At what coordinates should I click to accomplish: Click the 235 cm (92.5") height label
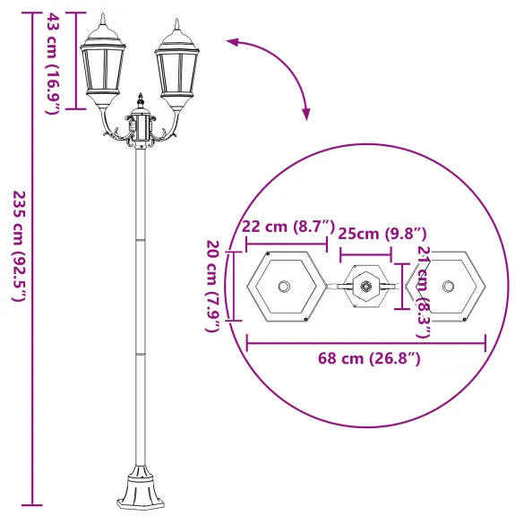tap(19, 245)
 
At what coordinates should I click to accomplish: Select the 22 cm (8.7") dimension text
tap(288, 228)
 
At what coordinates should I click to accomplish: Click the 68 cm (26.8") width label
tap(368, 358)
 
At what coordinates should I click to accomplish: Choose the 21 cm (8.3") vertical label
tap(424, 292)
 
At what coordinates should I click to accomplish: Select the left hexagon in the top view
tap(285, 287)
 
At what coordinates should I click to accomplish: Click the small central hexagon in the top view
tap(365, 288)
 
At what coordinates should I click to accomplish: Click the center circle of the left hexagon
tap(285, 287)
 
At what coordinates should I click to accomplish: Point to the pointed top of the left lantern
tap(102, 20)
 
